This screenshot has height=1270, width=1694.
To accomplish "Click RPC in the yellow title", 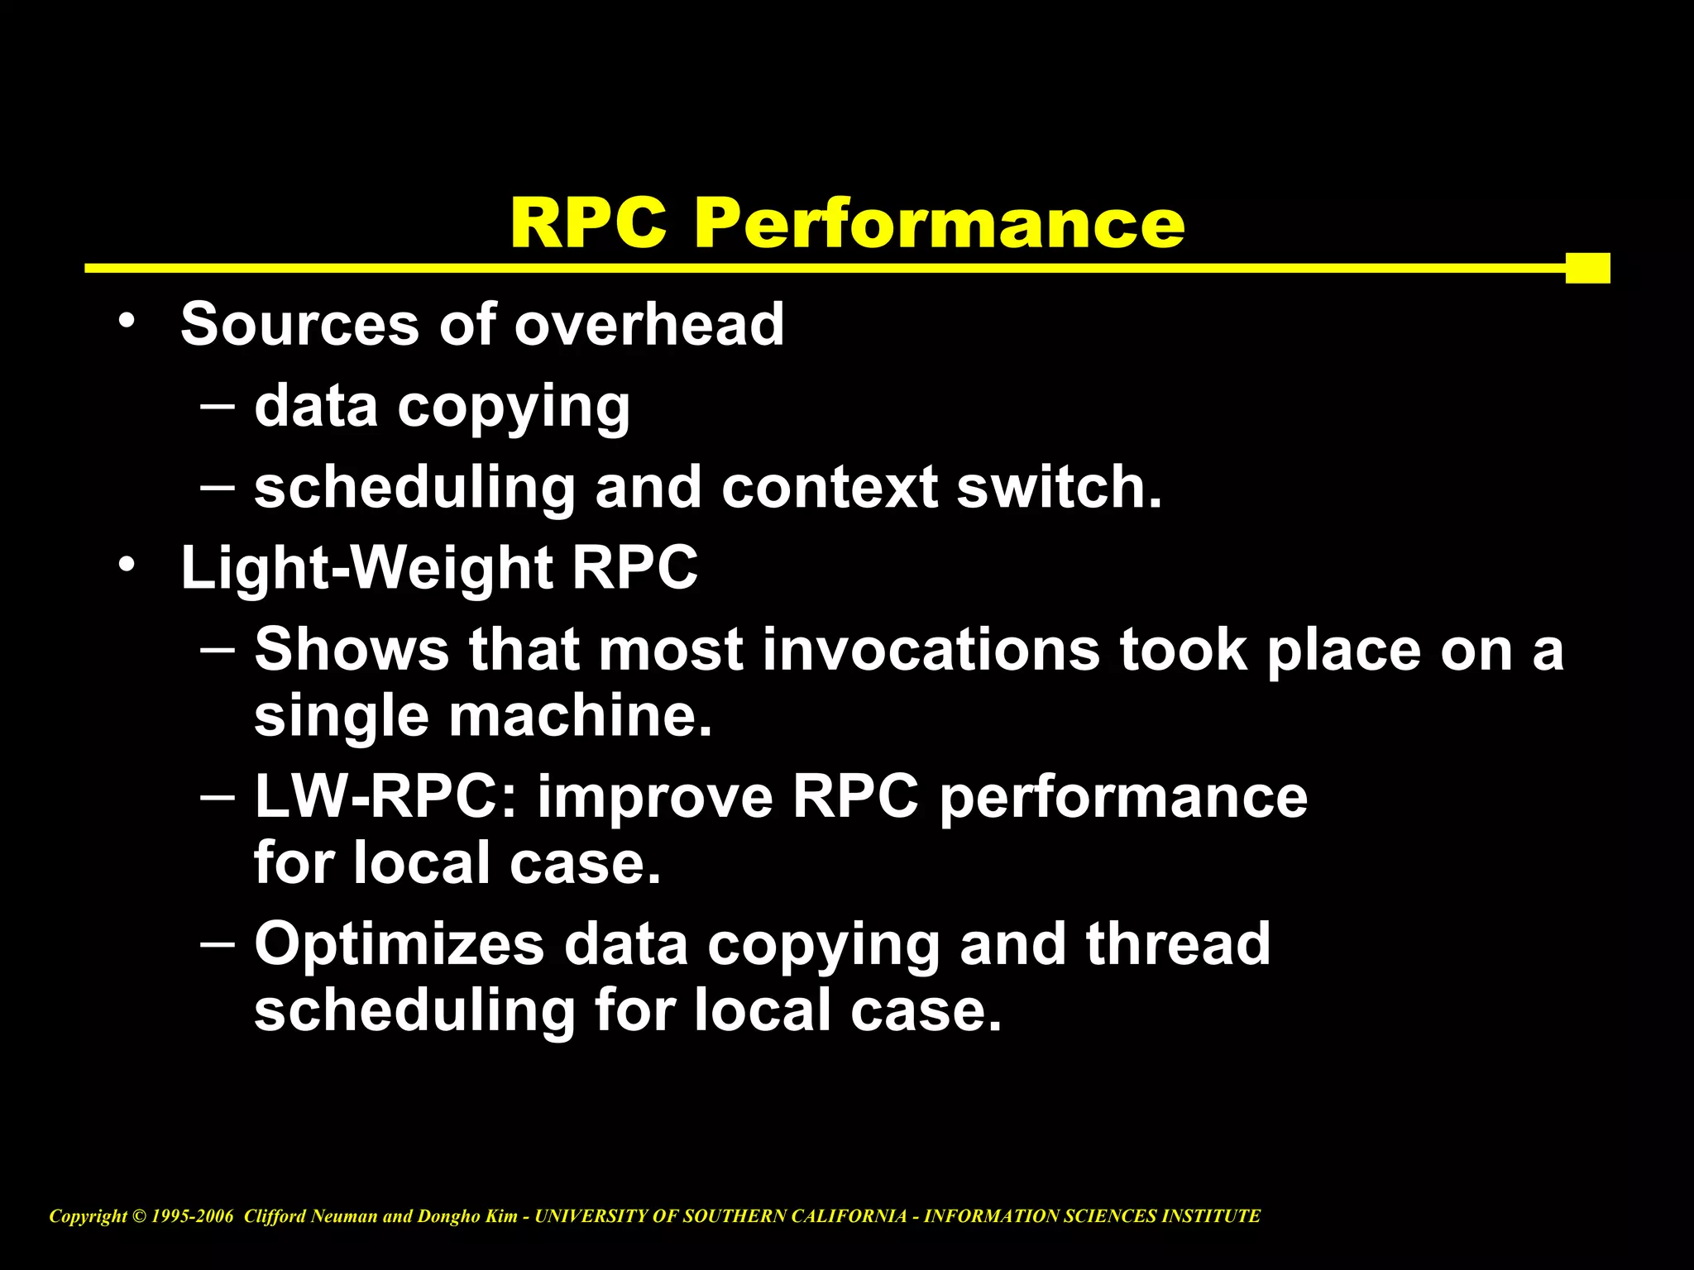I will point(589,223).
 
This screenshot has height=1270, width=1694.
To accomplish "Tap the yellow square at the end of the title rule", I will point(1587,268).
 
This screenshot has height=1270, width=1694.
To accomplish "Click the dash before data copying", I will point(217,405).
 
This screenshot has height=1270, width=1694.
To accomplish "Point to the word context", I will point(829,488).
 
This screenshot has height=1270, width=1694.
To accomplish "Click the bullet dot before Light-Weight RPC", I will point(126,565).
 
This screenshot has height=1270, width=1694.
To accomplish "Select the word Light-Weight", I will point(366,568).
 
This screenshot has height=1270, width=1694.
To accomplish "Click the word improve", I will point(654,798).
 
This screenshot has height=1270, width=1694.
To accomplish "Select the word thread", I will point(1177,944).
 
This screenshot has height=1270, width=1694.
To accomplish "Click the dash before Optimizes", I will point(217,943).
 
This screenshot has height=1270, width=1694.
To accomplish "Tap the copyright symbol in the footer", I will point(138,1216).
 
